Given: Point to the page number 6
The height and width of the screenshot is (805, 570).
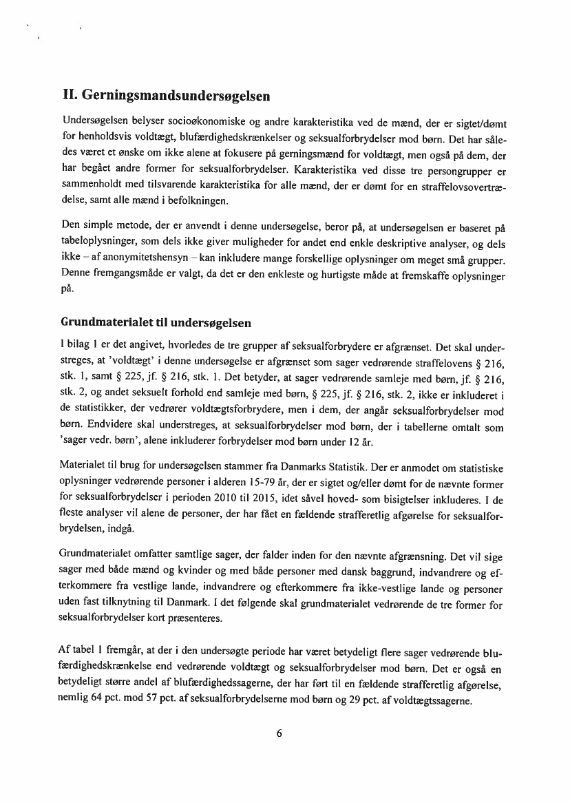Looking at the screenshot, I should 279,733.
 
